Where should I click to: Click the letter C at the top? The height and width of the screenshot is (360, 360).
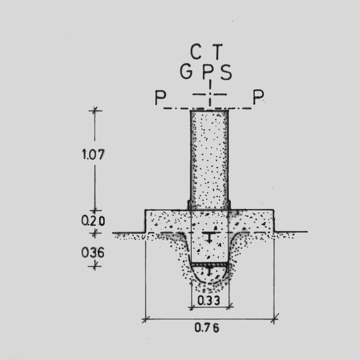tap(196, 52)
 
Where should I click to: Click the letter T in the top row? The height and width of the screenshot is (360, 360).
tap(217, 52)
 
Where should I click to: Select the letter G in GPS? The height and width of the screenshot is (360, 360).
tap(186, 72)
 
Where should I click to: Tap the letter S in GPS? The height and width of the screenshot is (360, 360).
tap(226, 72)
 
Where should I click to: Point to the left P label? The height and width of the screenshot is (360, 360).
tap(160, 97)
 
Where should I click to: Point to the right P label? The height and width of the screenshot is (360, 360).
tap(258, 97)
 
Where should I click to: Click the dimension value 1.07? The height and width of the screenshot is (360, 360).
tap(93, 154)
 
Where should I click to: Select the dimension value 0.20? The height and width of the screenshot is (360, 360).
tap(93, 221)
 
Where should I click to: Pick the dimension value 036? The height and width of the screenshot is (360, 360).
tap(93, 252)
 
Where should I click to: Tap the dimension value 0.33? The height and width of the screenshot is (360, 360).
tap(209, 300)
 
